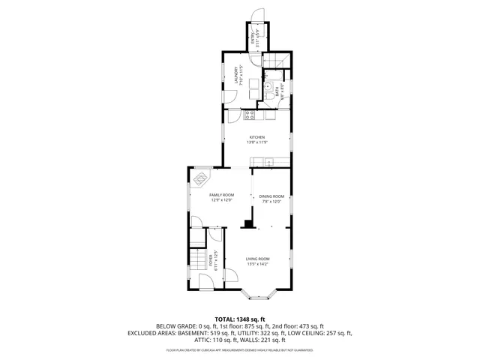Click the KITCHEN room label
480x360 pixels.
pos(257,136)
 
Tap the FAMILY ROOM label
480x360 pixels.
pos(222,194)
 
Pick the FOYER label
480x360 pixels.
pos(211,258)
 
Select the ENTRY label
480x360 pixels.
pos(253,40)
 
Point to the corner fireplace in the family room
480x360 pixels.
pos(201,178)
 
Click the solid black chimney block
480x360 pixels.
pos(247,223)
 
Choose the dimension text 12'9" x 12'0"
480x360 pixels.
pos(222,200)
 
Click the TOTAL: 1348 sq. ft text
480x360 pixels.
pos(240,319)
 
